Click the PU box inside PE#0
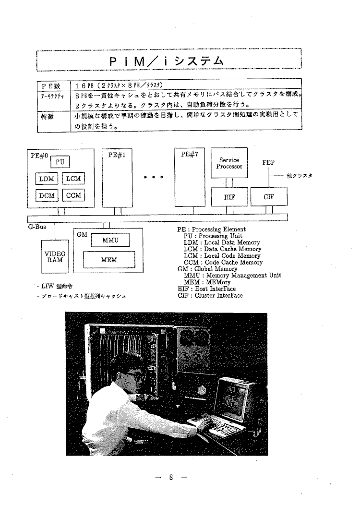click(60, 162)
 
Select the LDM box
click(47, 179)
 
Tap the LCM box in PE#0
click(73, 179)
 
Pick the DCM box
click(47, 195)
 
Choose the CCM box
click(73, 195)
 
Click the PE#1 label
click(113, 156)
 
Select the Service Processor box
click(229, 163)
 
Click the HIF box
click(229, 196)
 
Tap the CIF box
click(269, 196)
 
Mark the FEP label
click(268, 163)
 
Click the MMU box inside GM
click(110, 240)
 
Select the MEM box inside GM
click(109, 260)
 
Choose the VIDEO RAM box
click(55, 257)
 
